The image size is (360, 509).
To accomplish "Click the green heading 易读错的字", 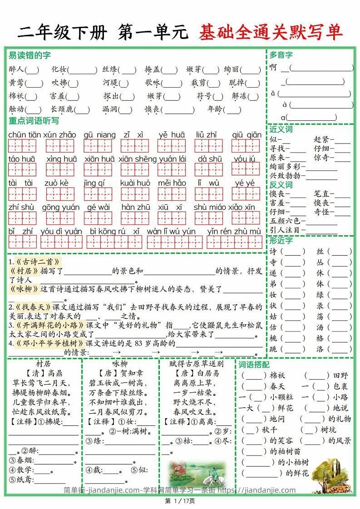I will [30, 55].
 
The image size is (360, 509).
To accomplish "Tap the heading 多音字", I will [281, 55].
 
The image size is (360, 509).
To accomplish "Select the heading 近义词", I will [281, 129].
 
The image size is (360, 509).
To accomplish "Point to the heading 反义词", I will [281, 185].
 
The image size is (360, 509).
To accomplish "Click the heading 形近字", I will [281, 241].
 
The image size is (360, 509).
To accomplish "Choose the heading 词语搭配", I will [254, 365].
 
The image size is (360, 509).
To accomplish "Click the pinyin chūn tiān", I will [24, 135].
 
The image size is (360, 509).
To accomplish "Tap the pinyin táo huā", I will [22, 159].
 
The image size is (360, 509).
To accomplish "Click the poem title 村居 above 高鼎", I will [43, 364].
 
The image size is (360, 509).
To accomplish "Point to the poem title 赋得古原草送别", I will [196, 364].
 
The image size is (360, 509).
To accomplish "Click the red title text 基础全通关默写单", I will [270, 33].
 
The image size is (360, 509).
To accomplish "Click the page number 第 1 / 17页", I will [180, 501].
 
